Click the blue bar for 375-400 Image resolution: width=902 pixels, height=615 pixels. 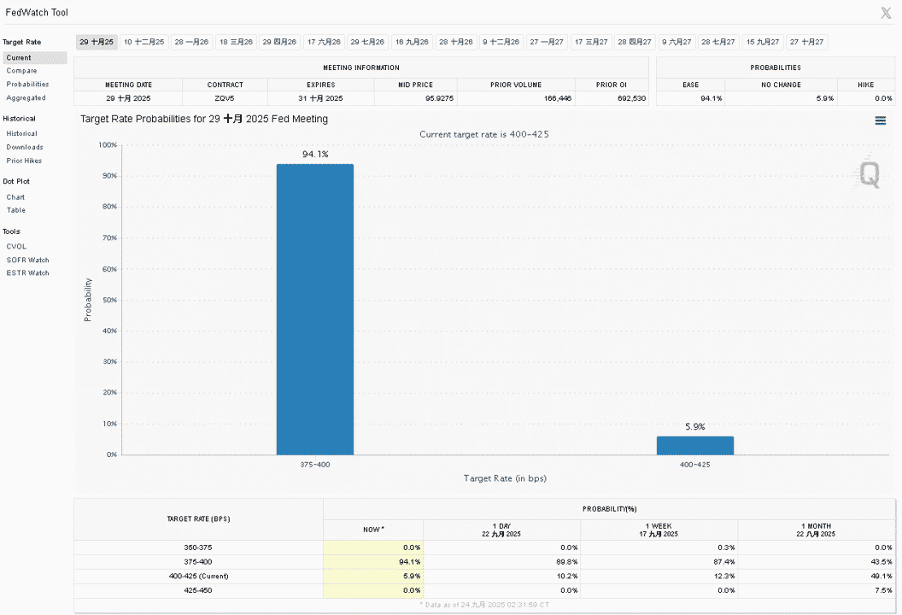pos(314,309)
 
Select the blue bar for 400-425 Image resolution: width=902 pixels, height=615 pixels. pos(695,446)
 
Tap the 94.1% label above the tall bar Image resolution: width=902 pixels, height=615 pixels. pos(315,155)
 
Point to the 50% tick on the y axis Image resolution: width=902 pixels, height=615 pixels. pos(109,300)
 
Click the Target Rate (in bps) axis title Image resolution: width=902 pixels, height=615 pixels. pos(505,478)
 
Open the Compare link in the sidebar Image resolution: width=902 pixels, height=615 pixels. pos(22,71)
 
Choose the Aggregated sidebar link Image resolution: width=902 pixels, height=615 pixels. pos(26,97)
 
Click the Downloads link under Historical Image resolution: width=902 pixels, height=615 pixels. pos(25,147)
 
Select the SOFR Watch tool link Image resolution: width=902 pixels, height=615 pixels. pos(27,260)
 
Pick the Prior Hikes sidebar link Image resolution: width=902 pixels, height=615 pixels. pos(24,161)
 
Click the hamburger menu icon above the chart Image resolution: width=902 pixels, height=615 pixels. pos(880,120)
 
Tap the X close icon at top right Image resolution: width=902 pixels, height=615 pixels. pos(886,13)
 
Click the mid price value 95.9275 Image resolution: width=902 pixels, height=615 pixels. pos(440,98)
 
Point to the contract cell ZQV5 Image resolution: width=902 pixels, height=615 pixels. pos(225,98)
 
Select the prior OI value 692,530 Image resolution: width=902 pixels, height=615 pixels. pos(631,98)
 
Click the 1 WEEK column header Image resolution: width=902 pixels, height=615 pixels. pos(659,526)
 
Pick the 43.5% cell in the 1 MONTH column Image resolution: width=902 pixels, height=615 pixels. pos(881,561)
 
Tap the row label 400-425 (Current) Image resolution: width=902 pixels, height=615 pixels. pos(198,576)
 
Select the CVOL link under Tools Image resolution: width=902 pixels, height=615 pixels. pos(16,246)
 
